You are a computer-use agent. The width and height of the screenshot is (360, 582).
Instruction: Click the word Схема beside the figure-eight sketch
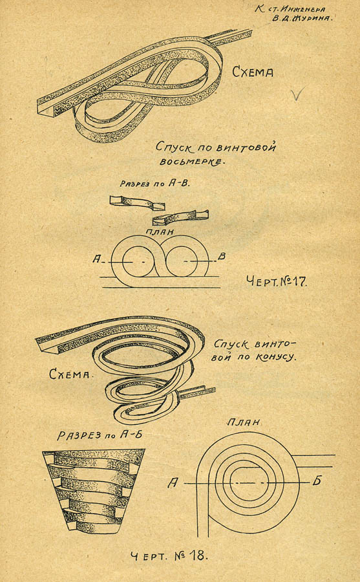253,71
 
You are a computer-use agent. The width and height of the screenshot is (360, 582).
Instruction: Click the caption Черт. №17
277,281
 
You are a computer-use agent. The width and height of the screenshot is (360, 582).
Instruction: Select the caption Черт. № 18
169,555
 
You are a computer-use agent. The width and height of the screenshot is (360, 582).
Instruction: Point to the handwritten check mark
298,94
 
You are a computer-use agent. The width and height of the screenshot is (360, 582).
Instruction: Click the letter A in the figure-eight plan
96,259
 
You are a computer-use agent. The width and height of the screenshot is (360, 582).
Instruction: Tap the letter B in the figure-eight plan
222,256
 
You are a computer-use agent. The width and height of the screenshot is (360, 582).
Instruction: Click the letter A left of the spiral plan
173,483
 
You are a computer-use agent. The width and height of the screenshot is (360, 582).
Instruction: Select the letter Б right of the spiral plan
317,481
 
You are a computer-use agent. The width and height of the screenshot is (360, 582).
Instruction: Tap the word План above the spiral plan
244,422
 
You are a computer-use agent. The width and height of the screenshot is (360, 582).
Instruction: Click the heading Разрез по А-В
154,183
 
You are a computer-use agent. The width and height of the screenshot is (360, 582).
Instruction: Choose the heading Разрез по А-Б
100,435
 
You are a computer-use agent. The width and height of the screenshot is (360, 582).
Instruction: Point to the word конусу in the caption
275,357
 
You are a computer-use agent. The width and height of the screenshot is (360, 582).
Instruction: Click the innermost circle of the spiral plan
231,482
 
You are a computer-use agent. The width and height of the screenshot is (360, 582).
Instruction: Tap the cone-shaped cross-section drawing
93,491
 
